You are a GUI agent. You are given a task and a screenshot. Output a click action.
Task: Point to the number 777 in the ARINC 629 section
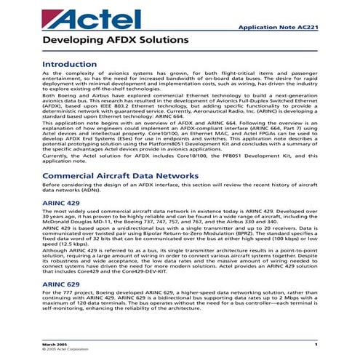[71, 294]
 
